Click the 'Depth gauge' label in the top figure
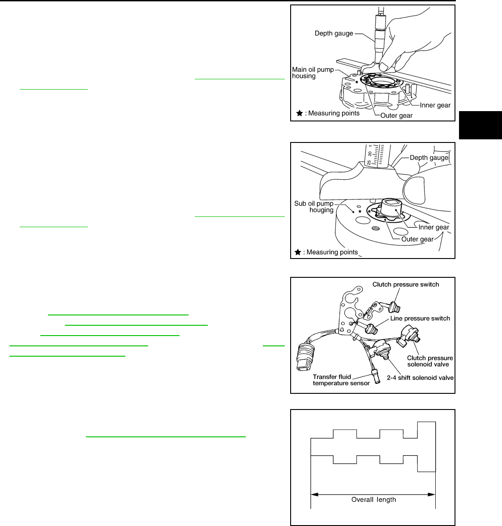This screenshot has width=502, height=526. coord(334,34)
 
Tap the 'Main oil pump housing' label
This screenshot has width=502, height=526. coord(313,73)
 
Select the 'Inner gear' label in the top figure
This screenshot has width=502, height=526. coord(435,105)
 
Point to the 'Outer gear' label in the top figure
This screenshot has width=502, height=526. coord(396,116)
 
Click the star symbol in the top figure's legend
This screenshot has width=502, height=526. coord(300,113)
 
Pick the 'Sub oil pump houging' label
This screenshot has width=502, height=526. coord(313,207)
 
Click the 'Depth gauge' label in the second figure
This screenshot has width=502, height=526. coord(429,158)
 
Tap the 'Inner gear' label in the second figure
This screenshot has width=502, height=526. coord(433,227)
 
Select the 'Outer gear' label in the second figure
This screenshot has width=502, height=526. coord(417,239)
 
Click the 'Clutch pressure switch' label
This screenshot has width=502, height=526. coord(406,285)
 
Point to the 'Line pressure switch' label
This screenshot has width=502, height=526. coord(420,319)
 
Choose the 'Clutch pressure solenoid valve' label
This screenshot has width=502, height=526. coord(430,361)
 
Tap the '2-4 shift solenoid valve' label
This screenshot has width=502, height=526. coord(420,378)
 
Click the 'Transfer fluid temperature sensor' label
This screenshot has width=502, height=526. coord(341,380)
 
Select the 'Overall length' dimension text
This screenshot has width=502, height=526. coord(373,500)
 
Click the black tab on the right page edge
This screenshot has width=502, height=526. coord(481,125)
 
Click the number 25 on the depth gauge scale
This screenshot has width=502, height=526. coord(369,163)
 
